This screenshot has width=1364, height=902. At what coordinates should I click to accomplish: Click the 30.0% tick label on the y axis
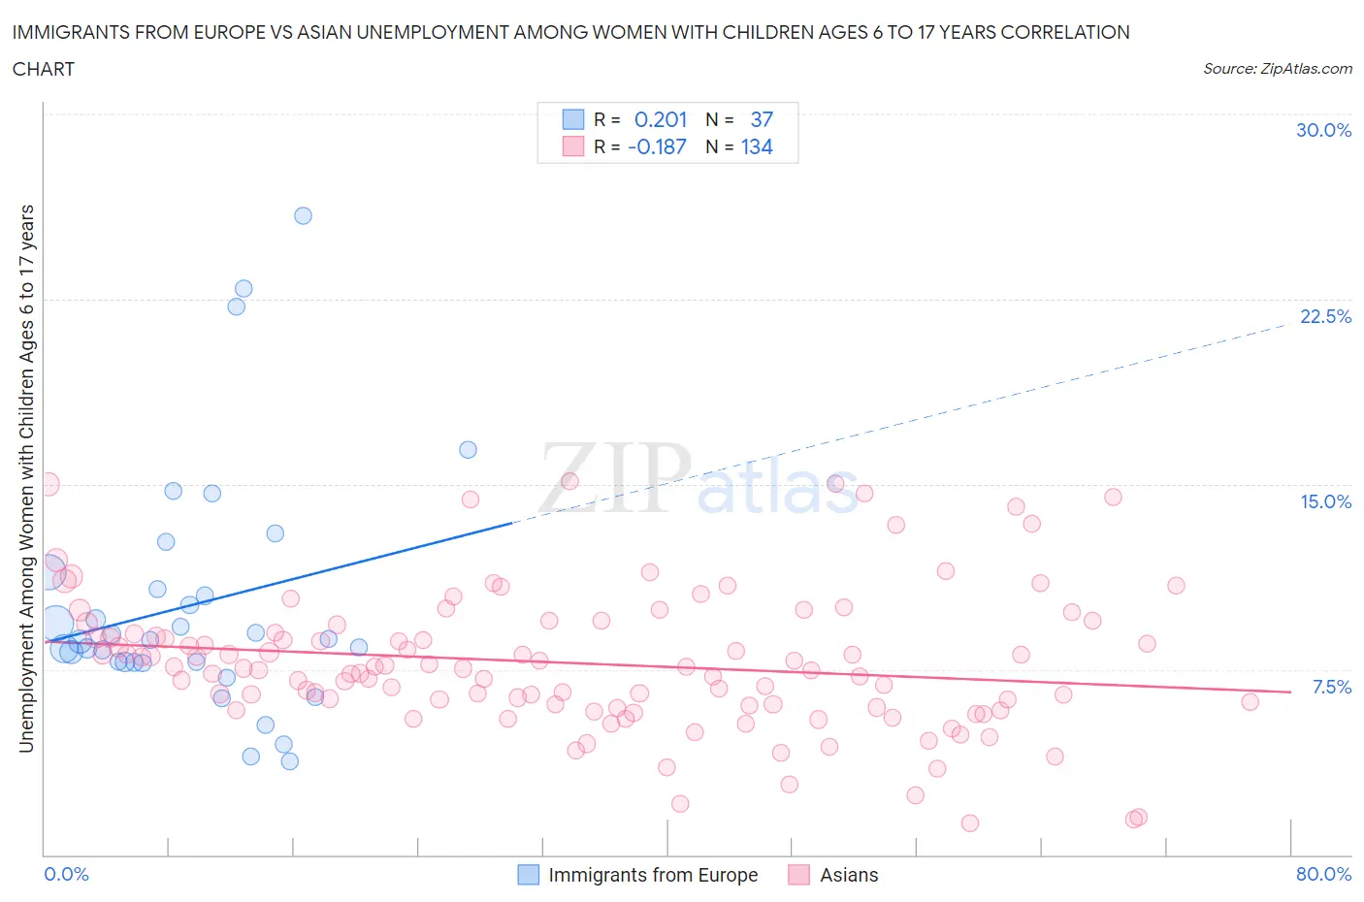point(1323,130)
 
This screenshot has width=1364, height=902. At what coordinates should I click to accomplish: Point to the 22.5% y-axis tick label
point(1324,316)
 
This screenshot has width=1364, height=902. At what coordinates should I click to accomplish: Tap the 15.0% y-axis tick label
point(1324,501)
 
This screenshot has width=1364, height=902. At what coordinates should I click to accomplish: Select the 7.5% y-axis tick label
point(1331,687)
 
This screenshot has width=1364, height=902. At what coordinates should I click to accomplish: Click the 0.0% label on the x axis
point(66,874)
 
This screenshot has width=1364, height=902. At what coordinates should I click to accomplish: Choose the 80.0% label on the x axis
point(1323,874)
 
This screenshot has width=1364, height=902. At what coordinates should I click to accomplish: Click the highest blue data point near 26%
point(303,215)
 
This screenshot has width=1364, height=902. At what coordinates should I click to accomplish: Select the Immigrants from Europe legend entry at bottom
point(652,875)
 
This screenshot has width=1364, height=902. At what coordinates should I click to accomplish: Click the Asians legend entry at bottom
point(848,875)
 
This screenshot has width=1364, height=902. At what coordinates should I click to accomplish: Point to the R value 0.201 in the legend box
point(660,119)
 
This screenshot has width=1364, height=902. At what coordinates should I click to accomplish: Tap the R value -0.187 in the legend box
point(657,146)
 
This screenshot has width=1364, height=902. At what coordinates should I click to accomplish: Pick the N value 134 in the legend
point(757,146)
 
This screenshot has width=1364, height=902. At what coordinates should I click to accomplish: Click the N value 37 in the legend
point(762,119)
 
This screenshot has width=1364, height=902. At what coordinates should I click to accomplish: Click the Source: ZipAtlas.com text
point(1277,68)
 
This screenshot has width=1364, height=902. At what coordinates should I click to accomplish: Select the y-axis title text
point(26,478)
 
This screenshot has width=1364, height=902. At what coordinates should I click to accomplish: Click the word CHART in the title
point(44,69)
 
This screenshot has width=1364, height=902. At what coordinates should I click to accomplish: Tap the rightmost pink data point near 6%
point(1250,701)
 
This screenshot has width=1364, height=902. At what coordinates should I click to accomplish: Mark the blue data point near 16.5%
point(468,449)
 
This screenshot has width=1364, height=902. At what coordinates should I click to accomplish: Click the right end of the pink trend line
point(1290,692)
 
